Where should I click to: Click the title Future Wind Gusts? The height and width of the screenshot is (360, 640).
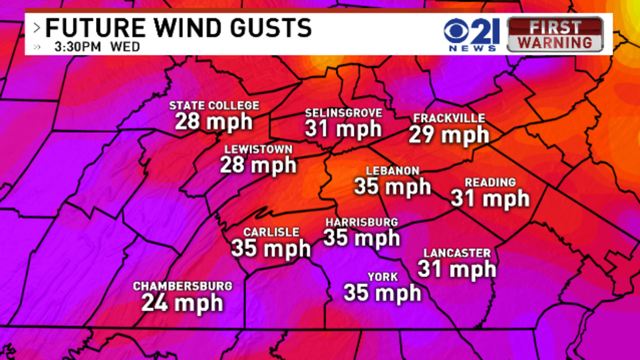(178, 28)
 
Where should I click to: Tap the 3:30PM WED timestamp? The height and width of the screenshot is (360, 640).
(97, 47)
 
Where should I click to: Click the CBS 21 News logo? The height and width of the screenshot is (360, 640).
(471, 34)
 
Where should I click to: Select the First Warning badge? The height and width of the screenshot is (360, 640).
(555, 34)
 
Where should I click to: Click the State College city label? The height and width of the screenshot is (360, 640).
(214, 106)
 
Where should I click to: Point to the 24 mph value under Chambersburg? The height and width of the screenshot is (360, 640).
(182, 302)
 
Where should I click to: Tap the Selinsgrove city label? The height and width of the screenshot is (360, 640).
(343, 114)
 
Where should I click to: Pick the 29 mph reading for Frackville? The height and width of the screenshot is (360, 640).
(449, 135)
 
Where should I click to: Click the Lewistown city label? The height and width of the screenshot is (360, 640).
(258, 149)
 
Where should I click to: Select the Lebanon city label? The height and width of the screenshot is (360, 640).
(393, 171)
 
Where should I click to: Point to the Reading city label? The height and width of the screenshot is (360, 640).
(490, 183)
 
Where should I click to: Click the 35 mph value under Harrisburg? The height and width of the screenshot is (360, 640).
(362, 238)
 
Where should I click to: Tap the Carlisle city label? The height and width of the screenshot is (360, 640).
(271, 232)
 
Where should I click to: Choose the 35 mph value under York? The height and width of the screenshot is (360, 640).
(382, 293)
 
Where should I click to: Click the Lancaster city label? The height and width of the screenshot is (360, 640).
(457, 253)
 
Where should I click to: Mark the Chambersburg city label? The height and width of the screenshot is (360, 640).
(182, 286)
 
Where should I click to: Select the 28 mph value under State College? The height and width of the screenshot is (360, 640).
(214, 121)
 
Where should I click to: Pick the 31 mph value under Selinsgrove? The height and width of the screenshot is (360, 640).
(343, 129)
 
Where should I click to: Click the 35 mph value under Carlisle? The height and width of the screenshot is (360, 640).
(271, 248)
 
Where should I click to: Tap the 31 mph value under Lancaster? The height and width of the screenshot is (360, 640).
(457, 269)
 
